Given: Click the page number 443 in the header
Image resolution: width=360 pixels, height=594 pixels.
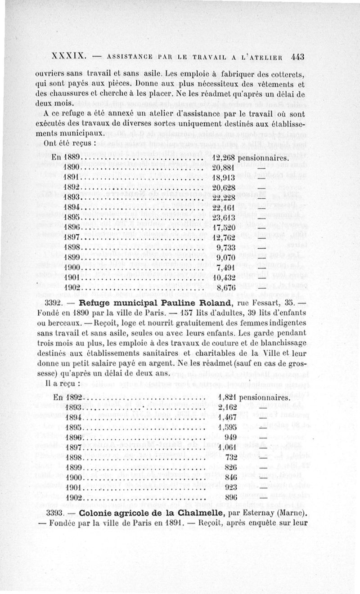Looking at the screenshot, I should click(298, 57).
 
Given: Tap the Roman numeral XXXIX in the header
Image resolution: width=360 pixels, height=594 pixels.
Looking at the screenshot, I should click(69, 57).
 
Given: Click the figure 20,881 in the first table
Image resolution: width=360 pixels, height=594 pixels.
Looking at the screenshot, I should click(224, 169).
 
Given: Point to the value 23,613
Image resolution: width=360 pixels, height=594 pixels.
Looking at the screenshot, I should click(224, 219).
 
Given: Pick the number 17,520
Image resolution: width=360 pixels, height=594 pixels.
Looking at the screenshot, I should click(224, 228).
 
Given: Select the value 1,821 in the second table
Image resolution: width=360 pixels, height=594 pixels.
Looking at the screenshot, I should click(226, 398).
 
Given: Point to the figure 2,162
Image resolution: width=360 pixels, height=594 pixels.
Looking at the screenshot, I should click(226, 408).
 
